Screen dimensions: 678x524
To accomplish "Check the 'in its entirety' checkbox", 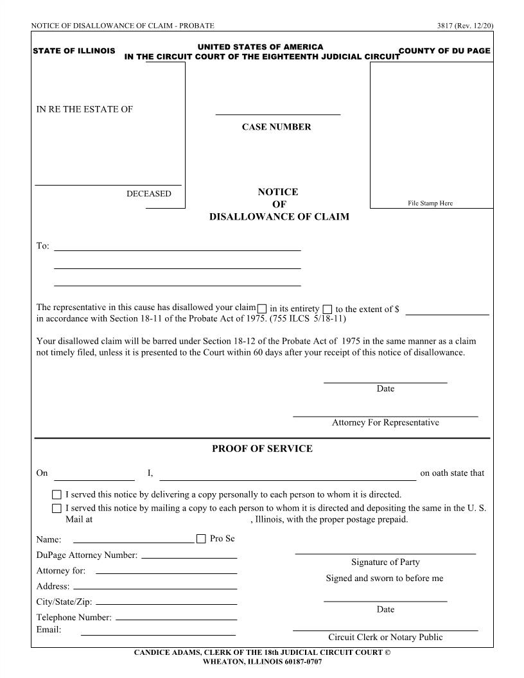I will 262,309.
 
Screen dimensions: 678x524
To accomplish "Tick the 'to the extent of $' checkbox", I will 327,309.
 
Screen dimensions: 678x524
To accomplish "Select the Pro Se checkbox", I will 201,539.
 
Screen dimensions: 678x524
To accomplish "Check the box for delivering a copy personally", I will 57,495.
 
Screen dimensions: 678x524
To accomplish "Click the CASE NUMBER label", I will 276,127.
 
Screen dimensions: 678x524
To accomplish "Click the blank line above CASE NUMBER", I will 277,114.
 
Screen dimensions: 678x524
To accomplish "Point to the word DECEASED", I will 149,194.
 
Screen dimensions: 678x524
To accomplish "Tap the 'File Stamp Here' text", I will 430,204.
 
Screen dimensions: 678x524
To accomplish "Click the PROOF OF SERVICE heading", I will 262,449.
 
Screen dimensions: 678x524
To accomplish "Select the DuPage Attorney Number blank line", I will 189,557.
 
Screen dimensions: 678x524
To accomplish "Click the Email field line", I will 159,634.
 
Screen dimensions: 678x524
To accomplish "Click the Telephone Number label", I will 74,618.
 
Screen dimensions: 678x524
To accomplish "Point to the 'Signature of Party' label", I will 385,562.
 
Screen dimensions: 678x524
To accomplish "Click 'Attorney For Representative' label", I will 385,422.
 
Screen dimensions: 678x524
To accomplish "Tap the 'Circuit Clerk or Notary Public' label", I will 385,638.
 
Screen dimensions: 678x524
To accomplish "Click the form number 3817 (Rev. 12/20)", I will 464,26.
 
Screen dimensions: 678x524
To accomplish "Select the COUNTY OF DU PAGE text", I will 444,51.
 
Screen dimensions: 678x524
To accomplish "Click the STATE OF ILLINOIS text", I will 74,51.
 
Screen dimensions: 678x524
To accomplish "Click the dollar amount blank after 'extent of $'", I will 447,313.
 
